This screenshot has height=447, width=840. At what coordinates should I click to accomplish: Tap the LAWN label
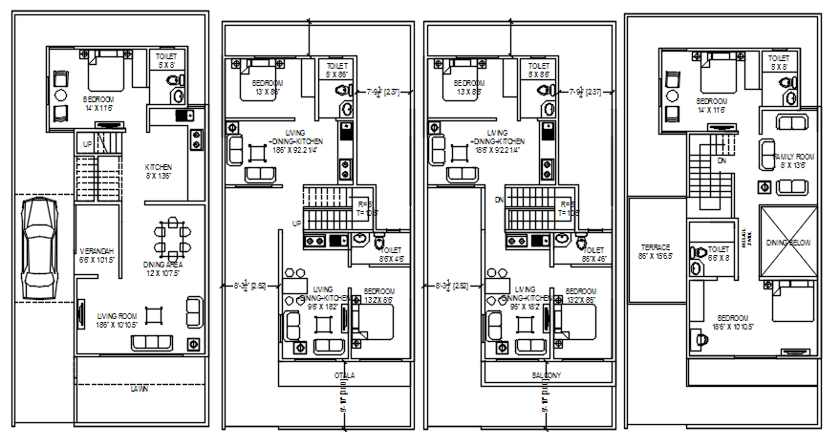pos(140,389)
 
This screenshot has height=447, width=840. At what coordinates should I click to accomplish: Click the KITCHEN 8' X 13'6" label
pos(159,170)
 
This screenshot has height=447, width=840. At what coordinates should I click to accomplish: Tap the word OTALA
pos(343,375)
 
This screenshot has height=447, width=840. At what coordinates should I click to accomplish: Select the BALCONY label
pos(547,375)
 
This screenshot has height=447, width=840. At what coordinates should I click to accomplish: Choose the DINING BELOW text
pos(789,244)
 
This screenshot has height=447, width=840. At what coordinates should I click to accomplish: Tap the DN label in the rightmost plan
pos(721,161)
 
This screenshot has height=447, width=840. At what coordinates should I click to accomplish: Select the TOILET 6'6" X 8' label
pos(719,253)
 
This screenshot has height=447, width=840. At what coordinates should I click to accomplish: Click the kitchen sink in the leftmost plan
pos(181,115)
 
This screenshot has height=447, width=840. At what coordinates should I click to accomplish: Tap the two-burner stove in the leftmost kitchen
pos(197,139)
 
